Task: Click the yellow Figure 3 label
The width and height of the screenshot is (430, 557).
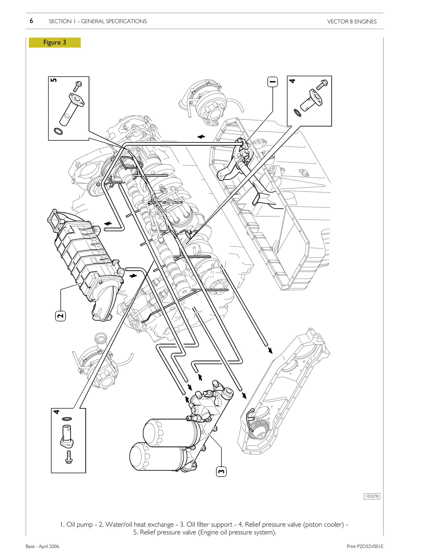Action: pos(55,42)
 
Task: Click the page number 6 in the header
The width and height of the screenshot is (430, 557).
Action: pos(31,21)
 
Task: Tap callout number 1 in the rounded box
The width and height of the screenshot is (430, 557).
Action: pos(272,82)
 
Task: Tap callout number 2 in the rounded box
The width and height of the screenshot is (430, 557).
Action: pos(60,316)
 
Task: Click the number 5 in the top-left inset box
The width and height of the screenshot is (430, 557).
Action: pos(54,80)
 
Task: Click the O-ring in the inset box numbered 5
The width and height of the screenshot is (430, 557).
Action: pos(58,131)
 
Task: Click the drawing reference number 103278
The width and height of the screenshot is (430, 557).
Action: pos(372,503)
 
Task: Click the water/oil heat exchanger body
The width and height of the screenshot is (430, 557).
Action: pos(84,255)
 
